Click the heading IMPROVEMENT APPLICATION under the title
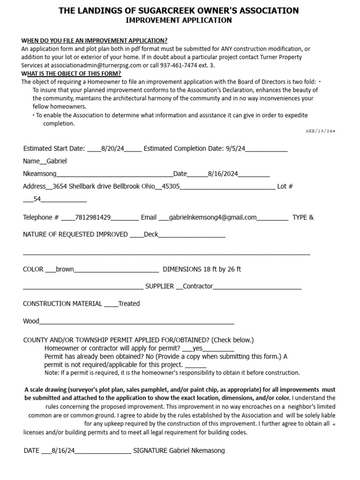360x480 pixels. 178,20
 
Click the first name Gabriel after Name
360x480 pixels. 57,161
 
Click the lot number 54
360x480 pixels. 37,199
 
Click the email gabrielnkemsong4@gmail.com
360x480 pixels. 213,217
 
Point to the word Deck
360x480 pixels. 151,234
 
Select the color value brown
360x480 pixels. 65,270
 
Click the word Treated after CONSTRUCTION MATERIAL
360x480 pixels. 129,304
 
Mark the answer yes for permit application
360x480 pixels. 198,349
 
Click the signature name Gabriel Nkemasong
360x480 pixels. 196,451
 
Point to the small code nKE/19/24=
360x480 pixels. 320,131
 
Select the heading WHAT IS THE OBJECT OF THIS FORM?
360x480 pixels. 71,74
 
